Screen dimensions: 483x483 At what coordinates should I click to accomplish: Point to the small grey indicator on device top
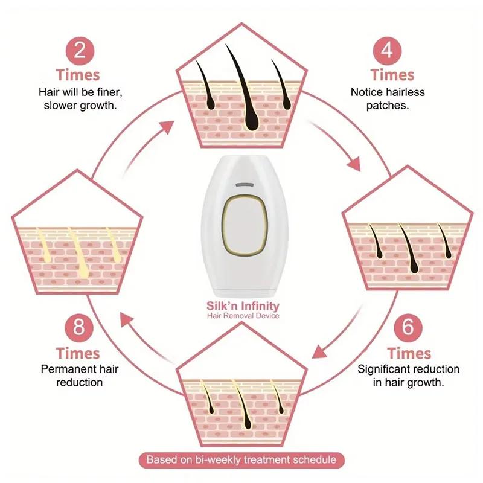(243, 184)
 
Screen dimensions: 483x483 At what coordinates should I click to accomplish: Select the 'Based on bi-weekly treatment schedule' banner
(242, 459)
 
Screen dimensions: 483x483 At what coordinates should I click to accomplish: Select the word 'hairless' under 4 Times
(405, 92)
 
